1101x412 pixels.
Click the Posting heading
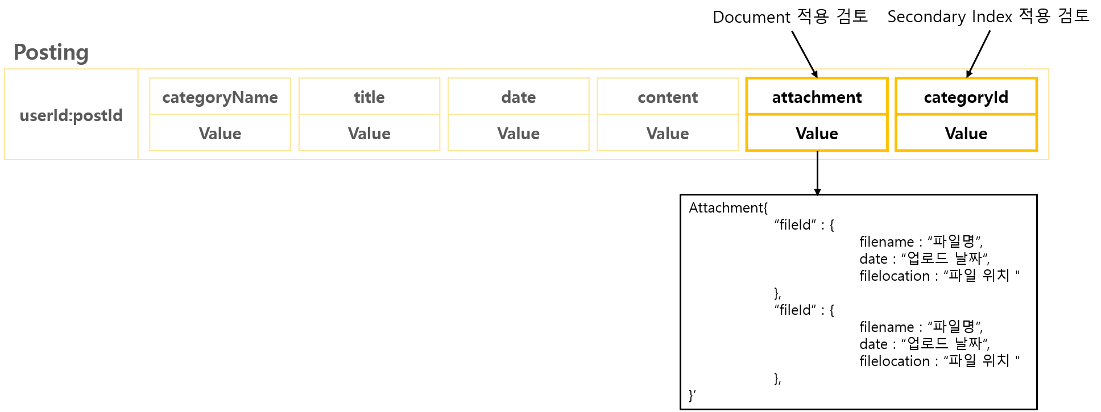point(51,52)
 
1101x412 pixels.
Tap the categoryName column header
point(220,97)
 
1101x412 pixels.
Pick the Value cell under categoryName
point(220,134)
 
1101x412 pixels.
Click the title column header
point(369,97)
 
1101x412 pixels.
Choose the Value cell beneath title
point(369,134)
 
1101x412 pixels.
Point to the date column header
point(518,97)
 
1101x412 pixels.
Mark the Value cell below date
point(518,134)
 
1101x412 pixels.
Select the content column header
point(668,97)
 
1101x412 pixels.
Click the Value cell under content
point(668,134)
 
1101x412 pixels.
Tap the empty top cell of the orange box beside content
point(817,97)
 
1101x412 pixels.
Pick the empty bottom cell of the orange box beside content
point(817,133)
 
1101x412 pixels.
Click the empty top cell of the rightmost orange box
point(966,97)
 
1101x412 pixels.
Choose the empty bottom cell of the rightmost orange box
point(966,133)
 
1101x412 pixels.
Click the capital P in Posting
point(19,52)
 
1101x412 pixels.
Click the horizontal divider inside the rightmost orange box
point(966,114)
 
